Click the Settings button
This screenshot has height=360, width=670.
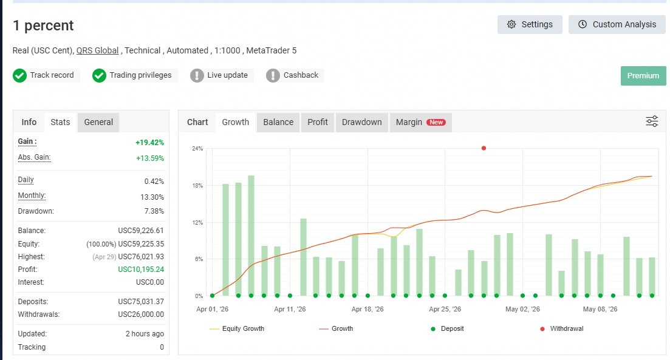click(x=530, y=24)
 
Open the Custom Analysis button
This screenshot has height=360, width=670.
click(x=617, y=24)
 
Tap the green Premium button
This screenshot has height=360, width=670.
click(x=643, y=76)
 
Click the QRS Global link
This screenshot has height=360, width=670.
click(x=97, y=50)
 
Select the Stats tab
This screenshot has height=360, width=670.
click(x=60, y=122)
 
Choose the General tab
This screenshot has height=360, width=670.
click(x=98, y=122)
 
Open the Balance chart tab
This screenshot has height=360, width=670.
click(x=278, y=122)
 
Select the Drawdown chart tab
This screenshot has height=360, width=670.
click(x=361, y=122)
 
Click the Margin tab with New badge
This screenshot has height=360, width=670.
click(x=420, y=122)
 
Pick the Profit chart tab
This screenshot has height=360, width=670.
click(x=318, y=122)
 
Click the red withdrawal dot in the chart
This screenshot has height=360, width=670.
click(x=484, y=148)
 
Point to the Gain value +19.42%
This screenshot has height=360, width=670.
click(x=149, y=142)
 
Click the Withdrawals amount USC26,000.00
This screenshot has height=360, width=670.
click(x=141, y=314)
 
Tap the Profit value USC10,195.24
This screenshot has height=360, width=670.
click(x=141, y=270)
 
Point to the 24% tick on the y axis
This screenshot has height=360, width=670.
click(x=197, y=149)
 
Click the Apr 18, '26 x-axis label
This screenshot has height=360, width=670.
click(x=367, y=309)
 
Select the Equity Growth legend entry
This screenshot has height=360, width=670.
click(x=237, y=329)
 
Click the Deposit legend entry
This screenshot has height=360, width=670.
click(x=447, y=329)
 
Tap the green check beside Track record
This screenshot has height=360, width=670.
click(x=19, y=76)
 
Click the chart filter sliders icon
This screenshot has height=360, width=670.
click(x=652, y=121)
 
